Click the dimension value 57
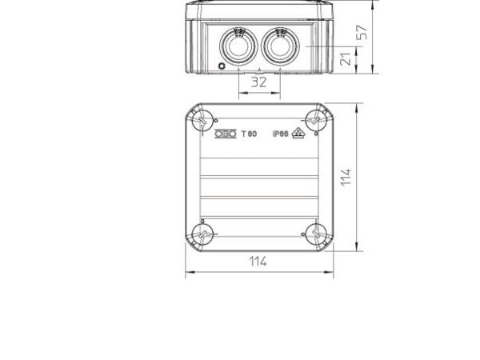(362, 33)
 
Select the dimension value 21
(346, 59)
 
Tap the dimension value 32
(258, 82)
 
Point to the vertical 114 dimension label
(346, 177)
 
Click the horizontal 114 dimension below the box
(258, 262)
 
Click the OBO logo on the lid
(226, 134)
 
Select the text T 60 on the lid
(249, 134)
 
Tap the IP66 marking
(281, 134)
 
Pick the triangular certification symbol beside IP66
(298, 133)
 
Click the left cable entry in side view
(238, 46)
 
